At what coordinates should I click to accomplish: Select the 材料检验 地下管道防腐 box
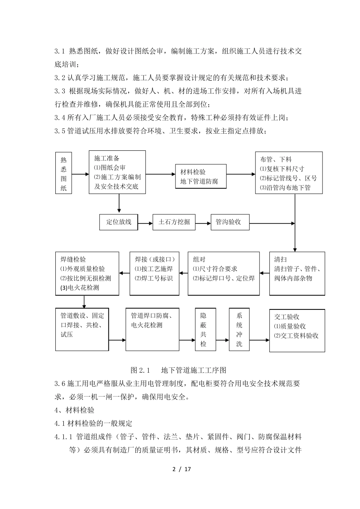[x=201, y=176]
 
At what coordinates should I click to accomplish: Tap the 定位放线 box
[x=119, y=222]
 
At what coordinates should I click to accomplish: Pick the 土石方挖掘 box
[x=174, y=222]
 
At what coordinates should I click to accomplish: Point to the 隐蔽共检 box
[x=203, y=329]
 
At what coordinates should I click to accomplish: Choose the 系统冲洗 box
[x=239, y=329]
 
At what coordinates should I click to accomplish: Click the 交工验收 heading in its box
[x=287, y=317]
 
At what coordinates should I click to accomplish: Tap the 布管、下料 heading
[x=275, y=159]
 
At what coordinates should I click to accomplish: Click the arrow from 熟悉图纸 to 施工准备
[x=80, y=174]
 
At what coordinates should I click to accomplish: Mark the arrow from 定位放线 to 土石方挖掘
[x=145, y=222]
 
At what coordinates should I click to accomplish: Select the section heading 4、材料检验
[x=74, y=410]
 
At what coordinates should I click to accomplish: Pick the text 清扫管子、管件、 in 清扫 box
[x=297, y=269]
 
